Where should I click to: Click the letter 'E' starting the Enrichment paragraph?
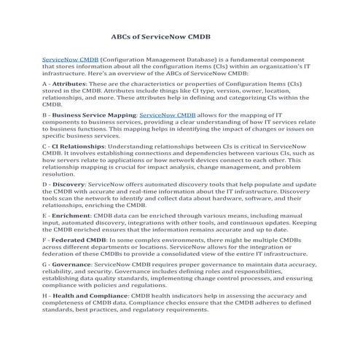tap(46, 216)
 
